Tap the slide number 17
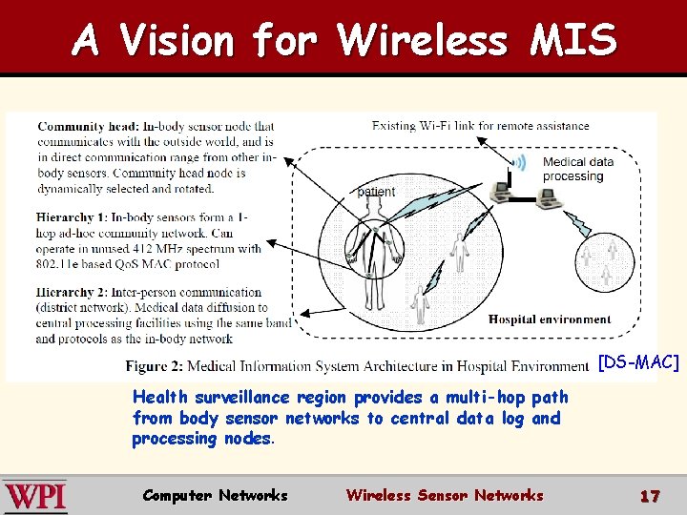pos(650,496)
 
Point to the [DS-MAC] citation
pos(638,362)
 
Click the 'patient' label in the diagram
pos(376,192)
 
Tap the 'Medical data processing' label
pos(578,169)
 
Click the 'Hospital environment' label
pos(550,319)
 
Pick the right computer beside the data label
pos(546,197)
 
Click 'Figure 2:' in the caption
pos(154,366)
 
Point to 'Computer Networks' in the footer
pos(215,495)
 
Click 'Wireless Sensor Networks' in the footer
pos(445,495)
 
